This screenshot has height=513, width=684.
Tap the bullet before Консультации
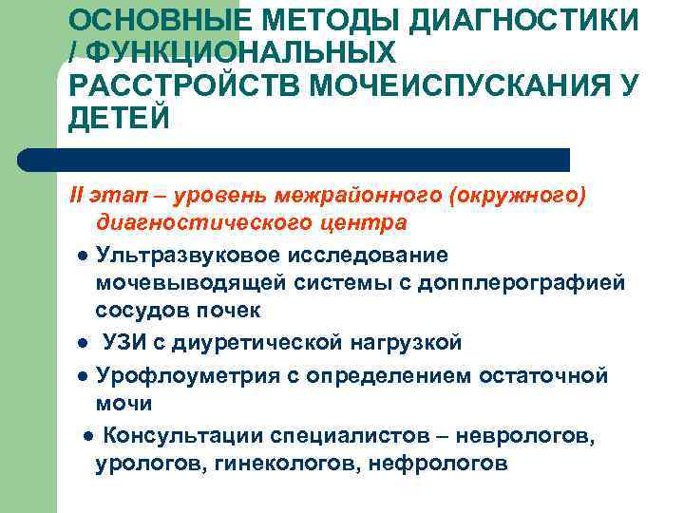(86, 437)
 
